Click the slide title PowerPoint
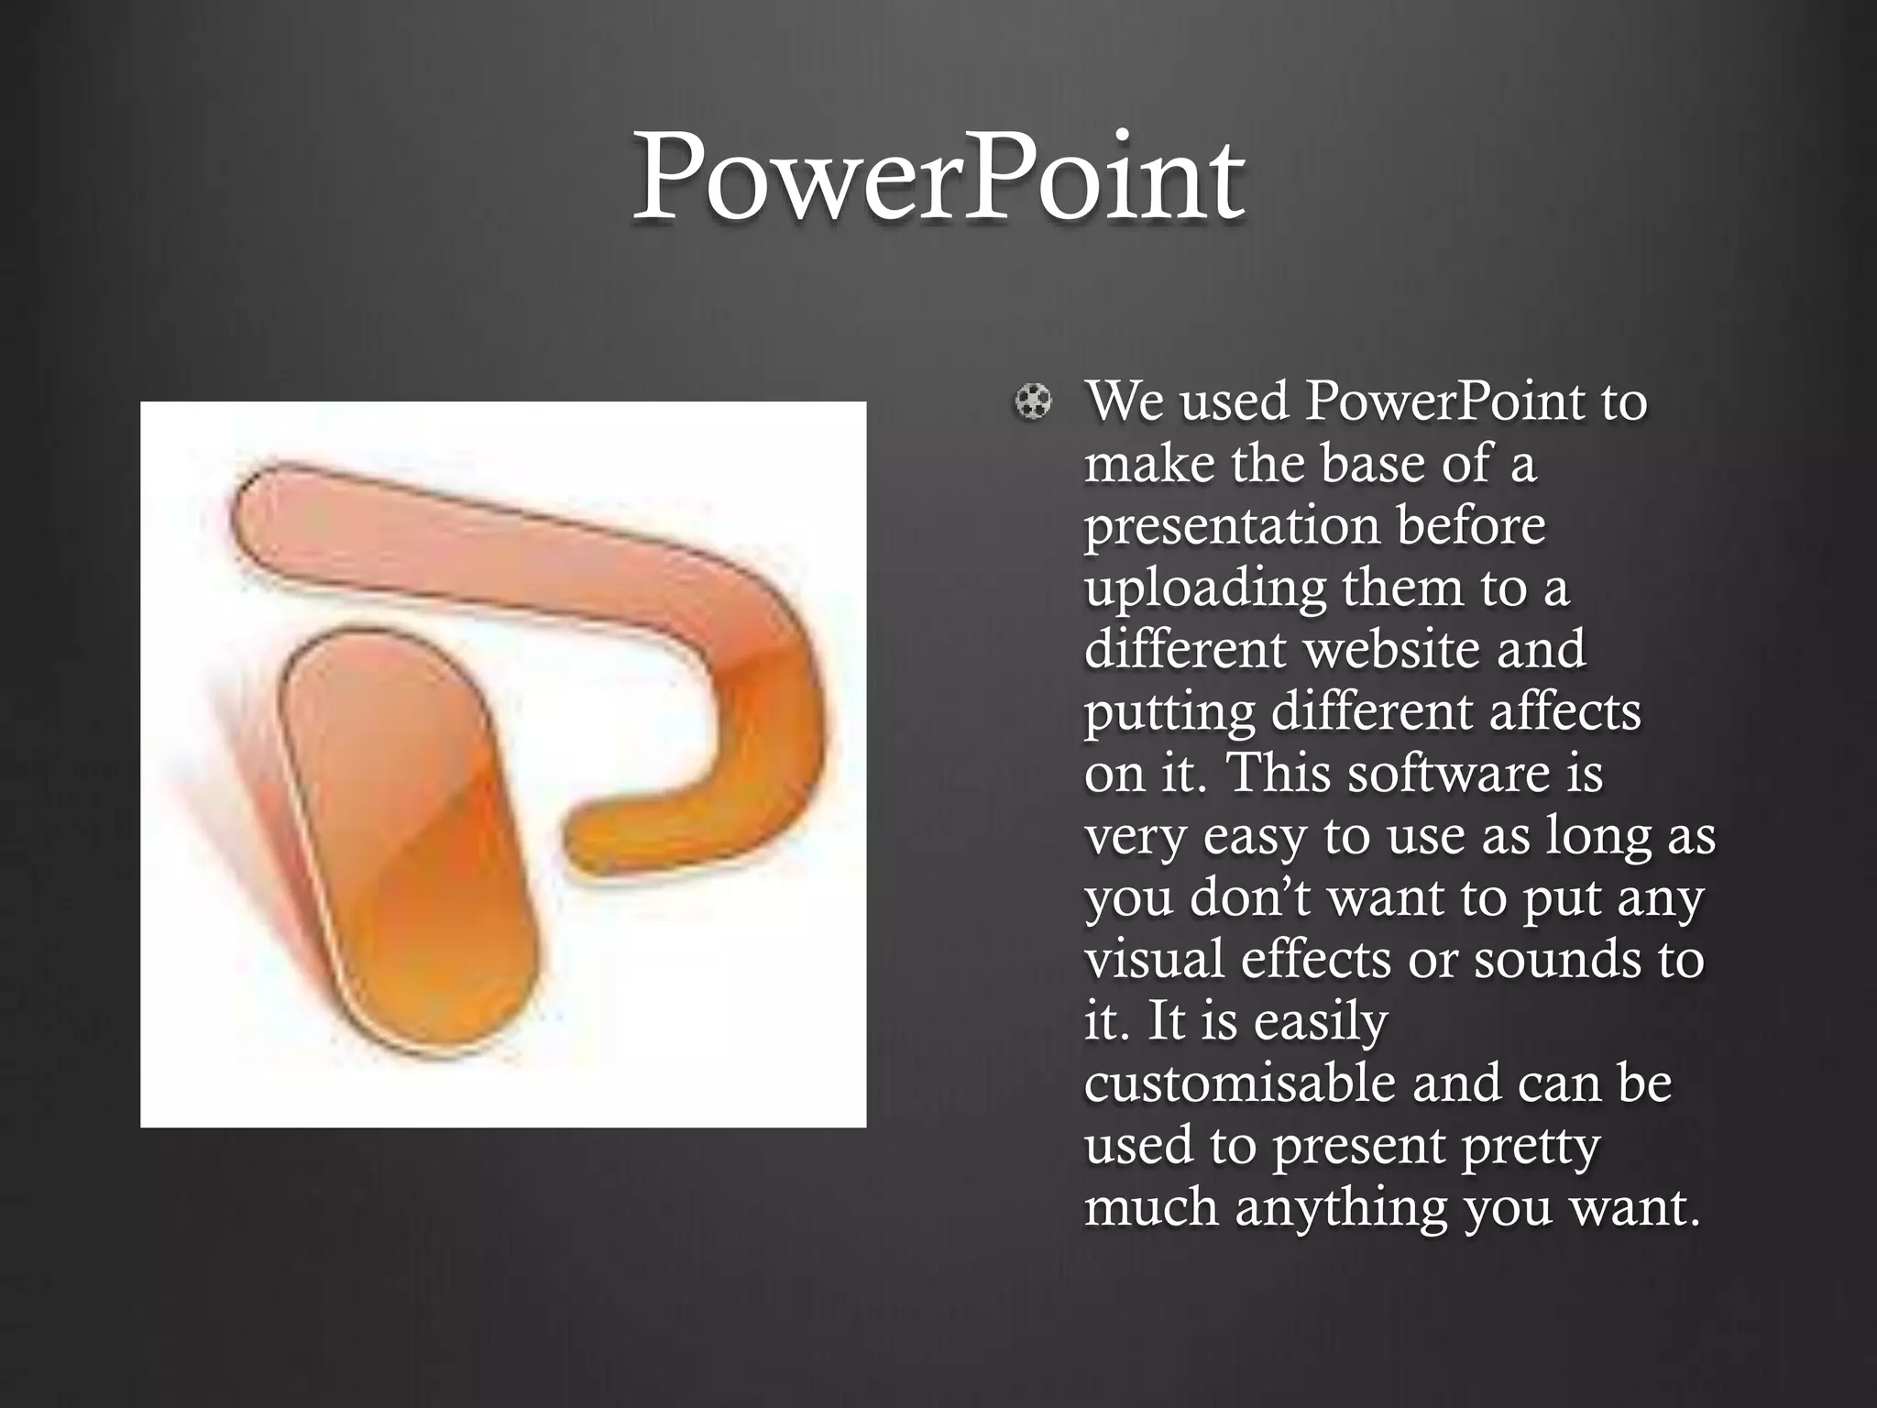938,179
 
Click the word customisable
1239,1083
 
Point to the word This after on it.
1279,774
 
